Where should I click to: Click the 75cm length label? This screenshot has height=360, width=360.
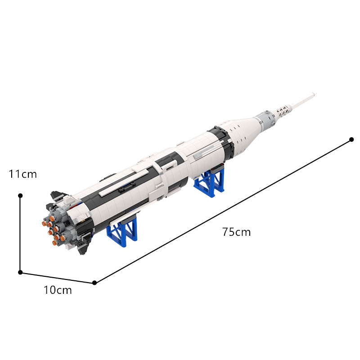236,232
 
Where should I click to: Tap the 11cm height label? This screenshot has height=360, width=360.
23,174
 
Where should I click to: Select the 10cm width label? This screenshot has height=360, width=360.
58,290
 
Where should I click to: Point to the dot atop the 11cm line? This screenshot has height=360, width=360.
20,196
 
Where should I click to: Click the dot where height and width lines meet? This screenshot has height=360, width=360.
20,272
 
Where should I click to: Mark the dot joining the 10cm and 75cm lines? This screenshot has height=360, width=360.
94,283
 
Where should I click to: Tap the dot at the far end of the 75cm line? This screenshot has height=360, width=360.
351,139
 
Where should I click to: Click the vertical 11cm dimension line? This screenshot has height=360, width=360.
20,234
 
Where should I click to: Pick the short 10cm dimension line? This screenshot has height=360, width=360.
57,277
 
